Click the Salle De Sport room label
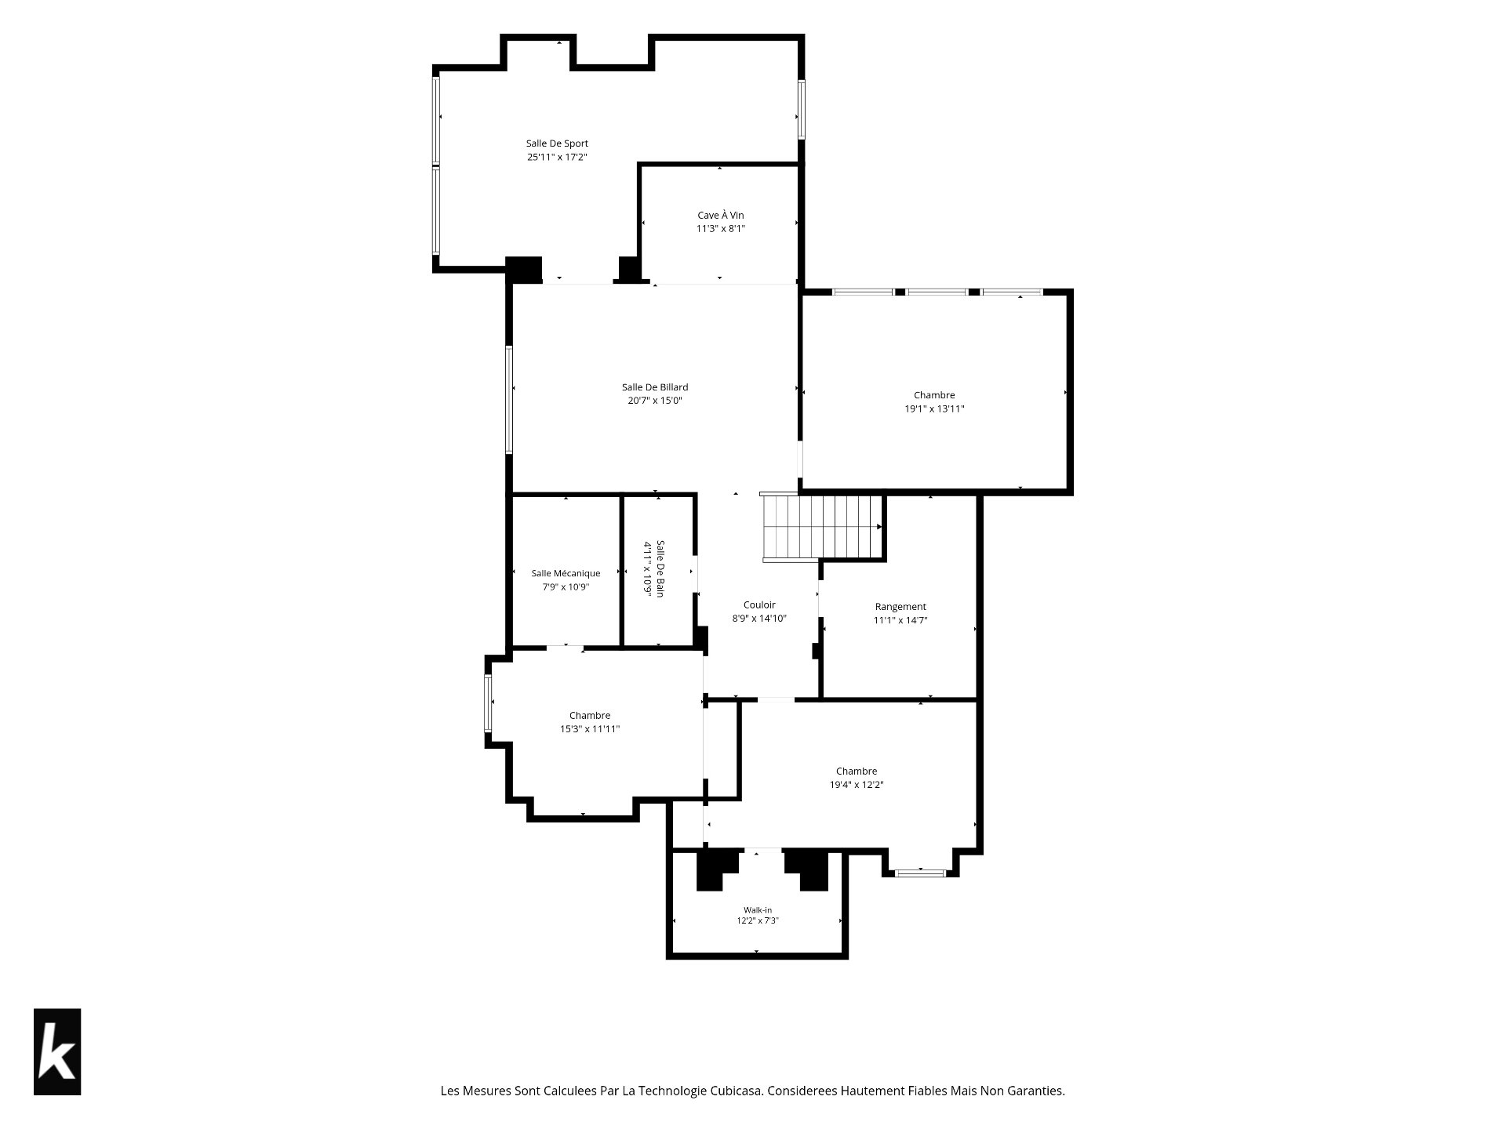(x=557, y=143)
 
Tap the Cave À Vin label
(x=721, y=215)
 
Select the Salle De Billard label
(x=655, y=387)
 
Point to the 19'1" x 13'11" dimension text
(x=934, y=408)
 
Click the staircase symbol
(x=823, y=527)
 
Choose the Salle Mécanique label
(x=566, y=573)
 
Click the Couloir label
(x=759, y=604)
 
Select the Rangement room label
(x=900, y=607)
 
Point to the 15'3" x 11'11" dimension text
(x=590, y=729)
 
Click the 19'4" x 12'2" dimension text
(x=857, y=785)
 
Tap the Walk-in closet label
(x=758, y=910)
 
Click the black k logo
(x=57, y=1051)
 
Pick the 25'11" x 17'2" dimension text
(x=557, y=157)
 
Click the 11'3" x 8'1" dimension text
(x=721, y=228)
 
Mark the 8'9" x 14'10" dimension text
(x=759, y=618)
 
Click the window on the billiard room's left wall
(x=509, y=400)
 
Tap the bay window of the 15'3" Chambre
(x=488, y=702)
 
